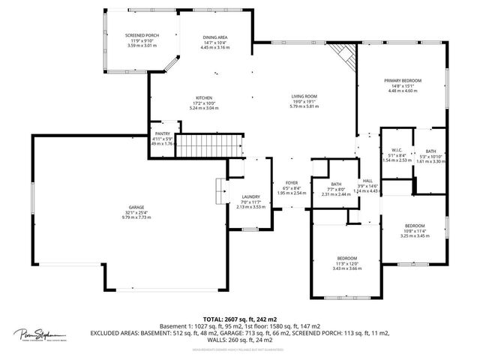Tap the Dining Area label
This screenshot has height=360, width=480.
click(x=215, y=37)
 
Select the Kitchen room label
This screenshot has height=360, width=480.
click(x=204, y=97)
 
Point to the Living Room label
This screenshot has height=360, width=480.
click(x=304, y=96)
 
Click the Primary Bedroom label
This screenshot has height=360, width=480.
click(x=403, y=80)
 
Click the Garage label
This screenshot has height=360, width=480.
click(x=136, y=207)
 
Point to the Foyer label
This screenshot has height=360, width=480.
click(x=291, y=183)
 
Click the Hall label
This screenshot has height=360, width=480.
click(x=367, y=181)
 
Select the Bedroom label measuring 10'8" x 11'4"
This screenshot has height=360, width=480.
click(x=415, y=226)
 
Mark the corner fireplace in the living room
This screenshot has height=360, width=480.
click(x=343, y=54)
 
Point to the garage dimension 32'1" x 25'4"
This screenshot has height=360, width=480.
click(x=136, y=212)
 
